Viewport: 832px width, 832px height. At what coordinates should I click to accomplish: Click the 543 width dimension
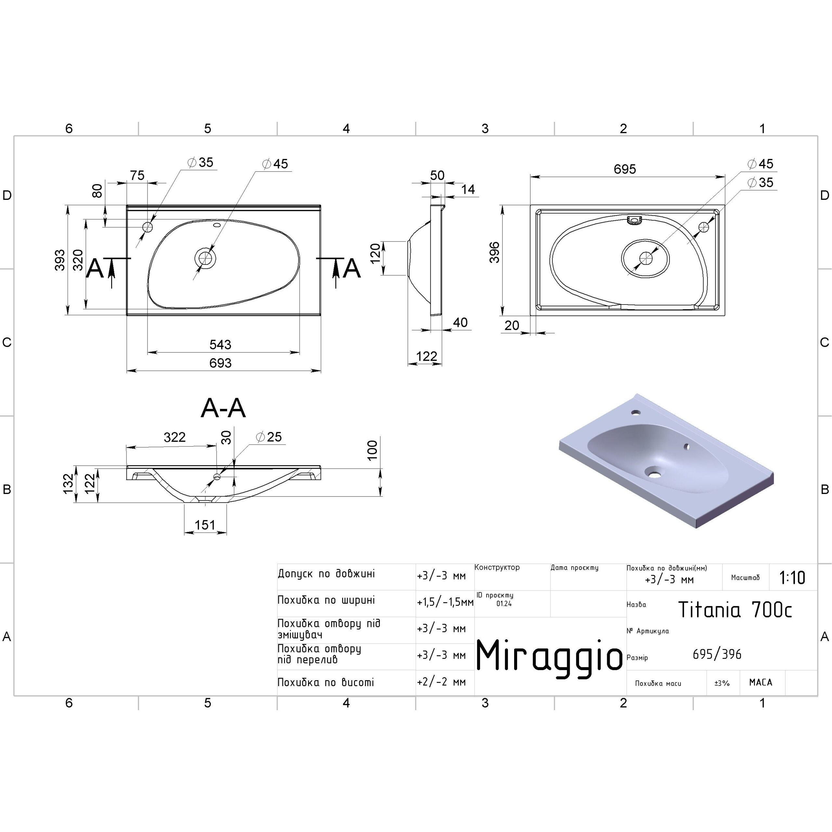[220, 344]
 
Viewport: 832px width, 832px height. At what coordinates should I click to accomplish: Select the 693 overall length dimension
[220, 363]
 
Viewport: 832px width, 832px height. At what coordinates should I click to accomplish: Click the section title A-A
[223, 408]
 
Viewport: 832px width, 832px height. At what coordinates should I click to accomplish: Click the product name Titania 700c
[735, 609]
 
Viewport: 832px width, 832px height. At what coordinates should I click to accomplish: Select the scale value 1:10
[792, 578]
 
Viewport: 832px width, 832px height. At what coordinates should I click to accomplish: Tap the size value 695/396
[717, 655]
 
